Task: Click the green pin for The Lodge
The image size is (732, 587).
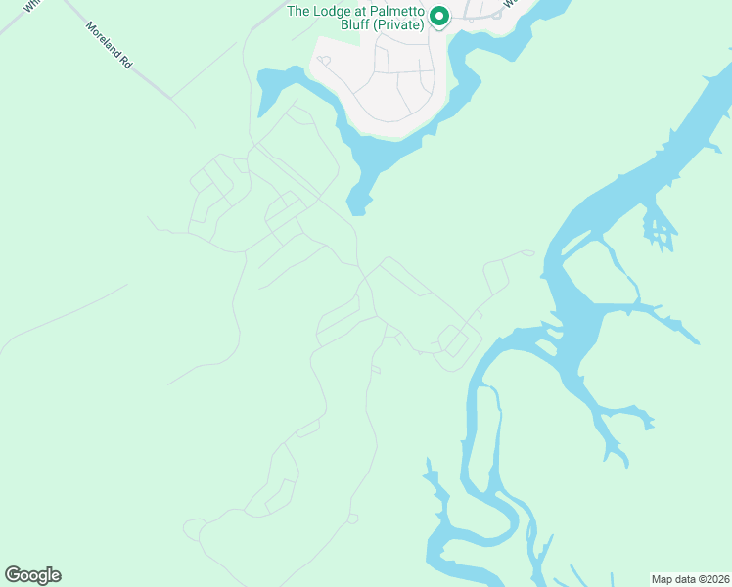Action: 439,16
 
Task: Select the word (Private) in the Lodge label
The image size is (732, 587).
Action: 398,25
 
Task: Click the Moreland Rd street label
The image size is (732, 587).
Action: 108,45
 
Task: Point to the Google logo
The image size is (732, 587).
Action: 32,575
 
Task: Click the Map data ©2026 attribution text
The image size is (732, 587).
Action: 691,578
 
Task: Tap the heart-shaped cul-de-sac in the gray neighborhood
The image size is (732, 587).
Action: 324,61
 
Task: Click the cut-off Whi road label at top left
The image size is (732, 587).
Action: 32,5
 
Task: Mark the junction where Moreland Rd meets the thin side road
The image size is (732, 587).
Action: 172,98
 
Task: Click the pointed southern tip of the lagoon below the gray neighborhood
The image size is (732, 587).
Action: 358,211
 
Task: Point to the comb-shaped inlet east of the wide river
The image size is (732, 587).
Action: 661,232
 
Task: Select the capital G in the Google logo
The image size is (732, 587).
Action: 13,575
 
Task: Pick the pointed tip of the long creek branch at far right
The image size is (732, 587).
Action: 698,342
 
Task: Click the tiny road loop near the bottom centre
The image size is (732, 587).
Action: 352,519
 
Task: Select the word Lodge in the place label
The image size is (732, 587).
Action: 331,12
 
